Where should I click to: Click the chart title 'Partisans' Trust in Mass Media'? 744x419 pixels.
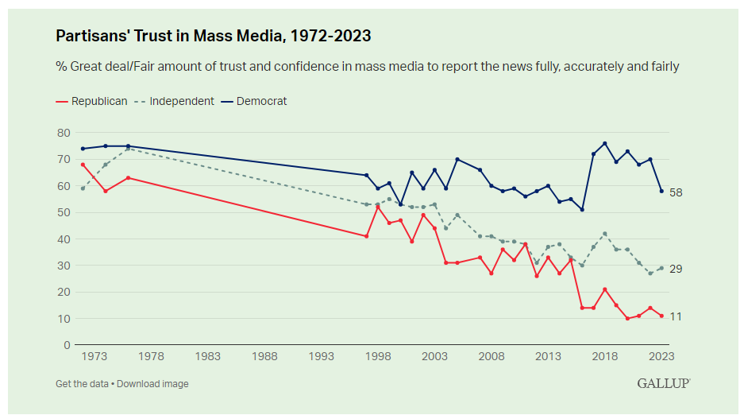213,37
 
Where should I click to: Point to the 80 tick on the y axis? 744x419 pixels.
64,133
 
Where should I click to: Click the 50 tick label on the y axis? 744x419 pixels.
64,212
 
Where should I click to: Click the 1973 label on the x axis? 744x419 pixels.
94,357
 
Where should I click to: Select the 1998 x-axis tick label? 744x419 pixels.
378,357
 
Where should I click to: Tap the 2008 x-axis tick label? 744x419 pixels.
492,357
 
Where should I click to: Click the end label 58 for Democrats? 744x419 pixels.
676,192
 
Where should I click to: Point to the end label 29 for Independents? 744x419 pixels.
676,269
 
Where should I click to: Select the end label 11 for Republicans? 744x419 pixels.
676,316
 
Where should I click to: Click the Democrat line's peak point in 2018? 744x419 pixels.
605,143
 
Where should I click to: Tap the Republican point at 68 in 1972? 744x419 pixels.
83,165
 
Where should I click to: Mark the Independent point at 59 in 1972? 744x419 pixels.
83,188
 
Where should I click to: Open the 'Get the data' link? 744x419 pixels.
82,384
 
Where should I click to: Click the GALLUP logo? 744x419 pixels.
663,383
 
